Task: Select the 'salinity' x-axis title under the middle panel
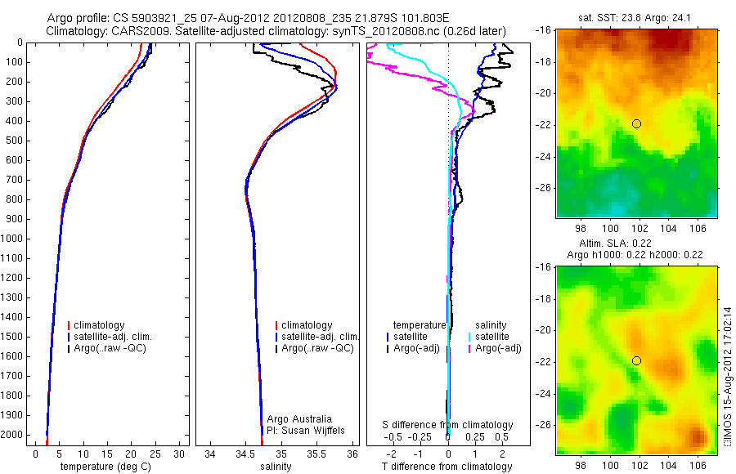275,467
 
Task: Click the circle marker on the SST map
636,123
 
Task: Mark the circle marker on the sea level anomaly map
636,360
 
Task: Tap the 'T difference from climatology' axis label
447,467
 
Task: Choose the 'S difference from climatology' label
447,425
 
